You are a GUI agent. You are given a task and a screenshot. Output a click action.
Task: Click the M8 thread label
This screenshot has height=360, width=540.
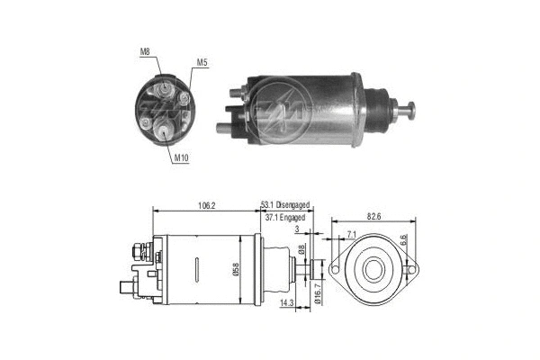[x=145, y=52]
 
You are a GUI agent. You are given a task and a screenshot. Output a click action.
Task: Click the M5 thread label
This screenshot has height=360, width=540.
[x=202, y=63]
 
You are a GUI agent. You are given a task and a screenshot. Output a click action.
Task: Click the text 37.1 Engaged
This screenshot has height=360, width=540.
[x=285, y=219]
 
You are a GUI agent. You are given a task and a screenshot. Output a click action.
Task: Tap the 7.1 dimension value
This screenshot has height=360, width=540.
[x=350, y=235]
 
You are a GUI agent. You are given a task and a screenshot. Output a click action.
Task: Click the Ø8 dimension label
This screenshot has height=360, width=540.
[x=303, y=248]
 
